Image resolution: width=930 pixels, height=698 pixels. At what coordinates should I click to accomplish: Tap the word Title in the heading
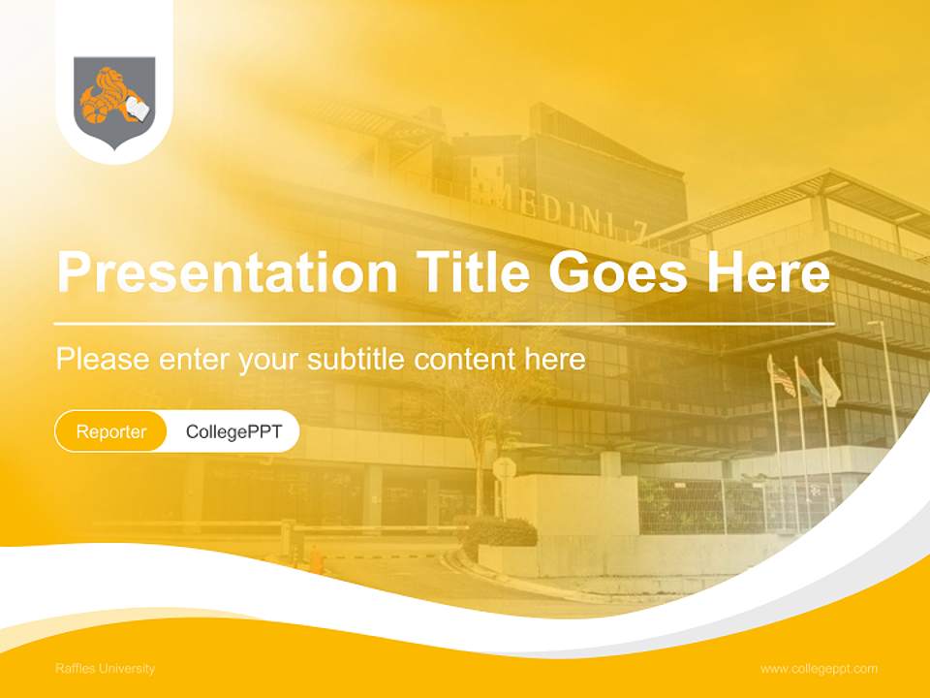[461, 273]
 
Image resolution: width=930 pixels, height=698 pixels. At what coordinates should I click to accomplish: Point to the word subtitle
[356, 360]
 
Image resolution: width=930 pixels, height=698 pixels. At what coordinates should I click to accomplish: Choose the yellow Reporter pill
[111, 431]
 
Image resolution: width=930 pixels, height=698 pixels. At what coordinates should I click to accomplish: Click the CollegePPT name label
[233, 431]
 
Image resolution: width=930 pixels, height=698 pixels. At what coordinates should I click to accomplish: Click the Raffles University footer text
[106, 669]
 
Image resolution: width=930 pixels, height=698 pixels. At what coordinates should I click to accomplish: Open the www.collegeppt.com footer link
[819, 669]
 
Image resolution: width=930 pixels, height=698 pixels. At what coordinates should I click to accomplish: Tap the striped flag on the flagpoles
[782, 379]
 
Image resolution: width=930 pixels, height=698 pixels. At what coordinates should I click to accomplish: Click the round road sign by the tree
[504, 468]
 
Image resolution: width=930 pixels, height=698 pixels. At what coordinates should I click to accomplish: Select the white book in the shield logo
[139, 111]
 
